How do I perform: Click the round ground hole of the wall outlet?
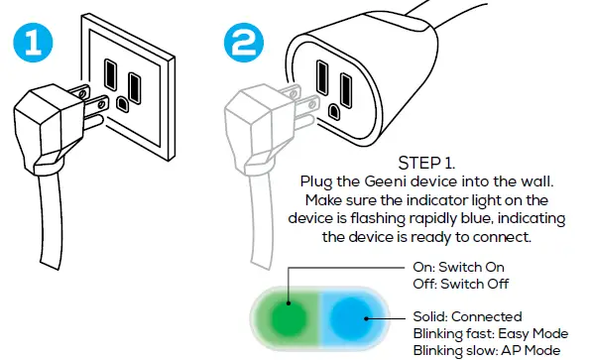122,101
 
